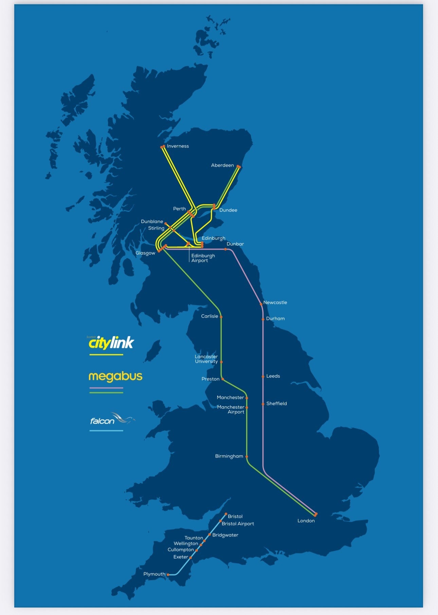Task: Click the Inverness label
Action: point(178,146)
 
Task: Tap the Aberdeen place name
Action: point(222,165)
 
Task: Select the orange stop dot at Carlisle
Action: point(221,317)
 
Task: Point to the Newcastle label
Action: point(275,302)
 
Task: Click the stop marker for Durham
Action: point(263,319)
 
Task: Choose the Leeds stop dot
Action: point(263,376)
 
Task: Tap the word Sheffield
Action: point(276,404)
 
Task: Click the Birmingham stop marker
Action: point(247,457)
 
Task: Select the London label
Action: point(306,521)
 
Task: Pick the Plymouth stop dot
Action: point(168,575)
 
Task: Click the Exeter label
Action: point(181,557)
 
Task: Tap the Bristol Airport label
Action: point(238,524)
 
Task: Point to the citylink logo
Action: point(111,342)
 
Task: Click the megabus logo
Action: point(115,376)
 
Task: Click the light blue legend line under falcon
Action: point(106,431)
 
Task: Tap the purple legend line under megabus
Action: point(106,388)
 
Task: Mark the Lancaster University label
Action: point(206,359)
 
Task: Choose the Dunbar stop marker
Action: point(225,249)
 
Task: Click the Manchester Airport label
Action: point(231,409)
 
